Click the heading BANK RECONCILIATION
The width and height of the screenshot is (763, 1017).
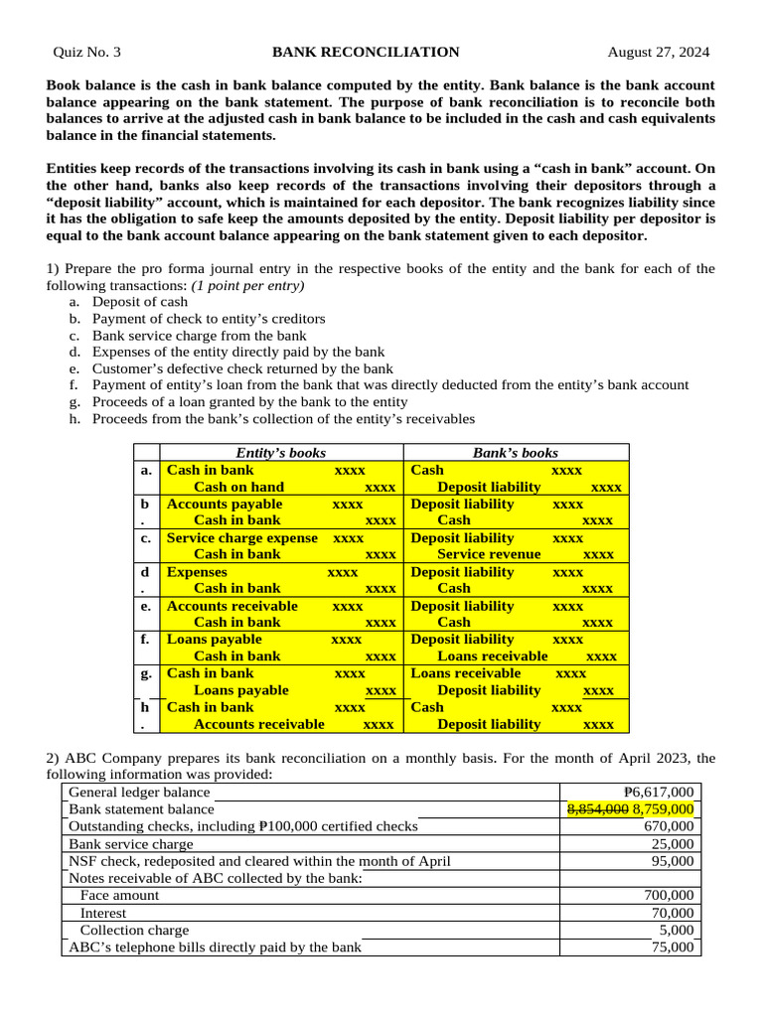click(x=366, y=52)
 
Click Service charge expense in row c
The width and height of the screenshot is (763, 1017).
click(x=242, y=538)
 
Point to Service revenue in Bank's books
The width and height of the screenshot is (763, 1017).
click(x=489, y=555)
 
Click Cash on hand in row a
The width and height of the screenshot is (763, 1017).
click(x=238, y=488)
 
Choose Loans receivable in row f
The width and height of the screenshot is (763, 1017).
click(x=492, y=656)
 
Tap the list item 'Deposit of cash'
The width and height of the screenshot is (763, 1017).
click(x=140, y=301)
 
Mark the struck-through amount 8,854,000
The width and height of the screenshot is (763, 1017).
click(x=597, y=809)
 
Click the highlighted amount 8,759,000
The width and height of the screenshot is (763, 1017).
click(x=663, y=809)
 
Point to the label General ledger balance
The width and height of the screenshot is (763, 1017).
click(x=139, y=793)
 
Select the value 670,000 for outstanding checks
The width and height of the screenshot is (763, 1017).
click(x=670, y=826)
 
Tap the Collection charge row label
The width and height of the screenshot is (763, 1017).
click(x=134, y=931)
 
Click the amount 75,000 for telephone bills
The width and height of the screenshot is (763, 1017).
click(x=673, y=947)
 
